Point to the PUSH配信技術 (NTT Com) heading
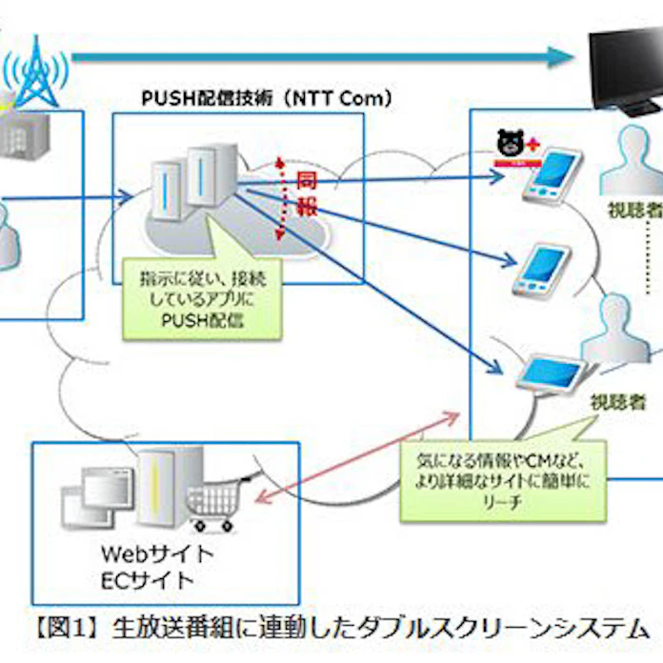(266, 98)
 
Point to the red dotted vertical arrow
(277, 195)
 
